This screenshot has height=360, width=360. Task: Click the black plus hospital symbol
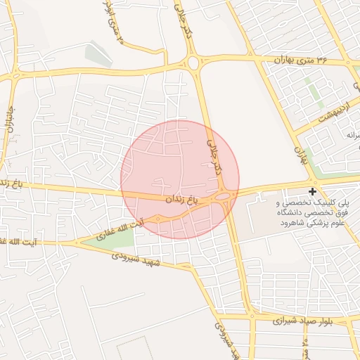[x=312, y=191]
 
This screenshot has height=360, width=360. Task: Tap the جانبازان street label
[x=10, y=120]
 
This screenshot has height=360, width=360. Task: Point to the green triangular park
[x=112, y=237]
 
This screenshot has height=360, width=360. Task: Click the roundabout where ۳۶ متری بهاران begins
[x=193, y=64]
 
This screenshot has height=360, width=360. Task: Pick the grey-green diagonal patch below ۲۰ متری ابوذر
[x=94, y=53]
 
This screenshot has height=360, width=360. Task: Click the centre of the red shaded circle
[x=180, y=179]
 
